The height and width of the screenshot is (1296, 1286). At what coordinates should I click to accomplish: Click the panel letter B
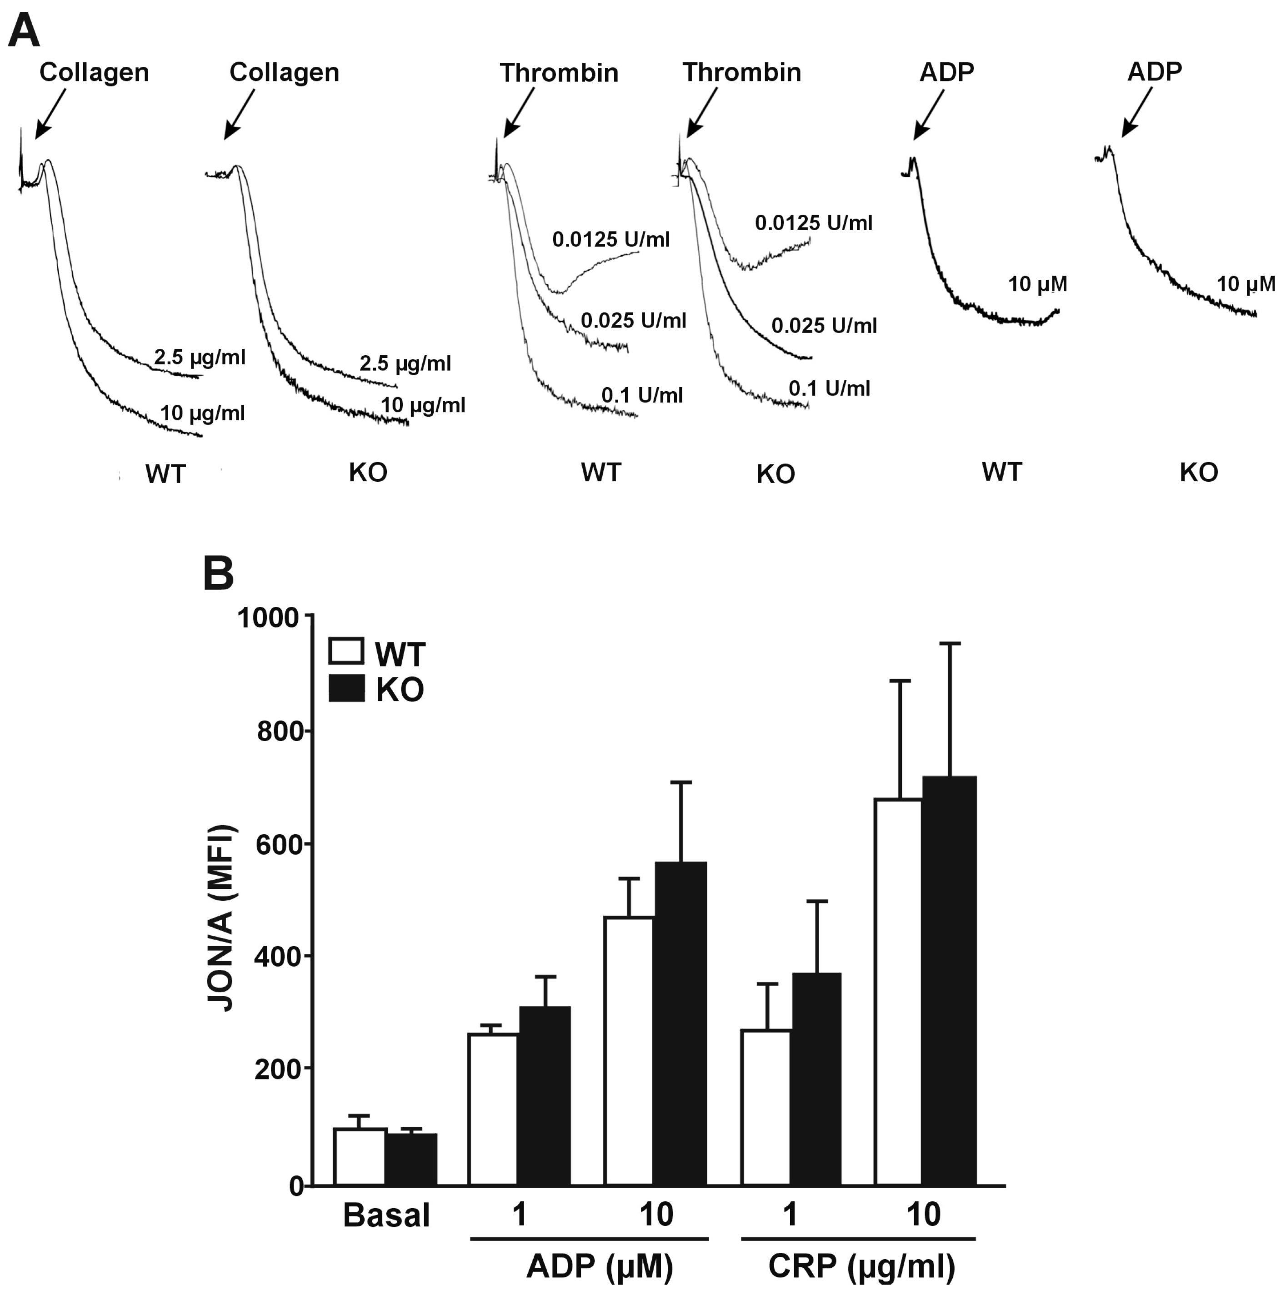click(219, 574)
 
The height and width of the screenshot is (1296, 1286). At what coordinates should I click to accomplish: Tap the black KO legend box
click(346, 689)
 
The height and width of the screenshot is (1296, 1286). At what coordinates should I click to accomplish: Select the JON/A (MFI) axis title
click(221, 919)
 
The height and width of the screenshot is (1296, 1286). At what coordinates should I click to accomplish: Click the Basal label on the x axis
click(386, 1215)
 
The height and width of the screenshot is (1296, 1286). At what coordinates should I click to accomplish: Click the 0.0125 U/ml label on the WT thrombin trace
click(611, 239)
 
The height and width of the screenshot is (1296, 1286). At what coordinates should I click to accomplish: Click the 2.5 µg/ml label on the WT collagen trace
click(200, 358)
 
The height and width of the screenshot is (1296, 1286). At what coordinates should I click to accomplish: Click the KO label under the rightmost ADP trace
click(1198, 473)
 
